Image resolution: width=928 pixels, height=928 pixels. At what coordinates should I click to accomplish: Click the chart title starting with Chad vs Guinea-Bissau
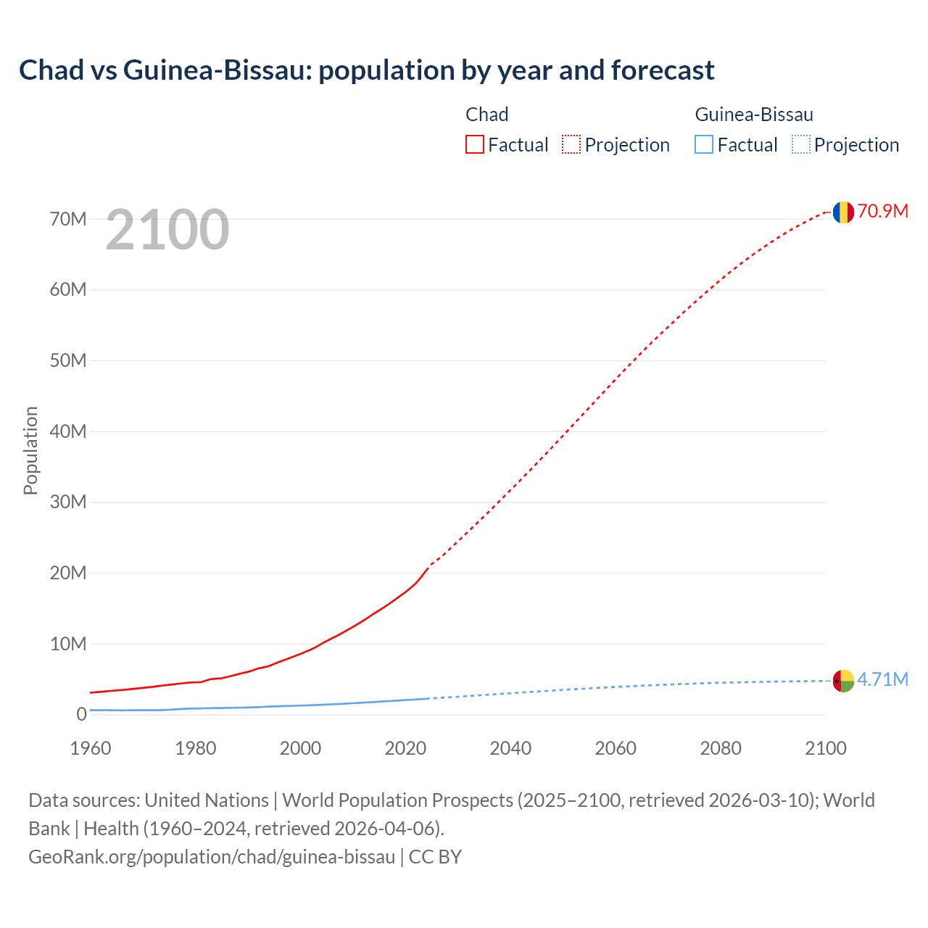coord(366,70)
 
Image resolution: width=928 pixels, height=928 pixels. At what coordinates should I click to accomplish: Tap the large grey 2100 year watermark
coord(167,230)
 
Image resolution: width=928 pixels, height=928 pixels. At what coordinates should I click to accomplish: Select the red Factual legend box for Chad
coord(475,145)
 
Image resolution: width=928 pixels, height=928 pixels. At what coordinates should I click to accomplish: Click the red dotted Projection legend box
coord(571,145)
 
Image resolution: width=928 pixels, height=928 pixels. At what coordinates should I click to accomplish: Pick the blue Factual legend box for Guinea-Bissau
coord(704,145)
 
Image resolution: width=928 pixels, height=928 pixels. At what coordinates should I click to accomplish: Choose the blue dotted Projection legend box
coord(800,145)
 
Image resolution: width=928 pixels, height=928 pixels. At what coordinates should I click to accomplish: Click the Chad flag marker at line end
coord(843,212)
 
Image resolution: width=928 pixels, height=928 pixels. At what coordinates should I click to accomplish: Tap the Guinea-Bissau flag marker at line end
coord(843,681)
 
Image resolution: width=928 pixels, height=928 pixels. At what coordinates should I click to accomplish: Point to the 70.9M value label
coord(882,211)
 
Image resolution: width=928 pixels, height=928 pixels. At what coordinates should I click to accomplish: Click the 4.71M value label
coord(882,679)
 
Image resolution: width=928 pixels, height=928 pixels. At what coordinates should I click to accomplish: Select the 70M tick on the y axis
coord(68,219)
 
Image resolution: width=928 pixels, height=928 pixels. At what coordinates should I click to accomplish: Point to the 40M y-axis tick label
coord(68,431)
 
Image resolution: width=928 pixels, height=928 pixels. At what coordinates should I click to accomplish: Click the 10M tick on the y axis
coord(68,644)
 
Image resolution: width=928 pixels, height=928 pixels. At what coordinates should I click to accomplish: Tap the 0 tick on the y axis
coord(81,715)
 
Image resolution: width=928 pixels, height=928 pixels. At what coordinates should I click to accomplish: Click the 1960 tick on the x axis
coord(91,748)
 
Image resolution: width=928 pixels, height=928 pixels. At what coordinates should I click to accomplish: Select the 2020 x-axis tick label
coord(405,748)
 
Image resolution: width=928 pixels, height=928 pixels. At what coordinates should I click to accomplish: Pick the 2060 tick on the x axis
coord(616,748)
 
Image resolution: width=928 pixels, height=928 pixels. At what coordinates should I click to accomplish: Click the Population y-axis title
coord(30,450)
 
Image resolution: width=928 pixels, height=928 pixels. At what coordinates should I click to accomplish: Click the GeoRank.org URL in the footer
coord(212,857)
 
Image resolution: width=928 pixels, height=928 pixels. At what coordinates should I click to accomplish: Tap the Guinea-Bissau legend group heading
coord(754,115)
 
